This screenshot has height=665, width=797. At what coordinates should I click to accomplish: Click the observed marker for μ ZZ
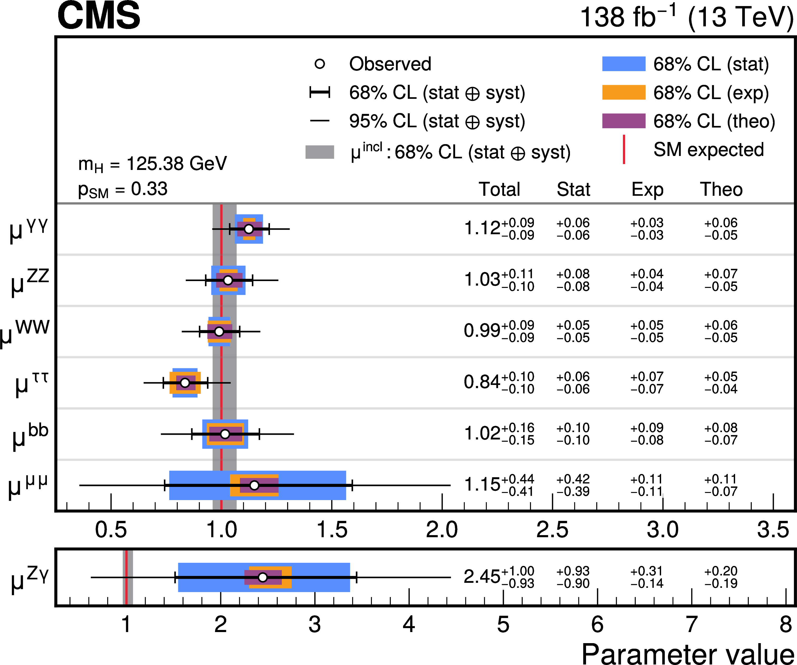(x=228, y=280)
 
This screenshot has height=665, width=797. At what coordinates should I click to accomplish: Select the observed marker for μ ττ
(x=185, y=383)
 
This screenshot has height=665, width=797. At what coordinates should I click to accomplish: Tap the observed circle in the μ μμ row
(x=254, y=485)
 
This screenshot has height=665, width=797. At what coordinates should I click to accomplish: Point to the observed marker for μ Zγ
(x=263, y=577)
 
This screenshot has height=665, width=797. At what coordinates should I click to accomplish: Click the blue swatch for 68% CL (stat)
(x=623, y=64)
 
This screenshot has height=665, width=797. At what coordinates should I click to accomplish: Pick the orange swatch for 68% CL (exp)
(x=623, y=92)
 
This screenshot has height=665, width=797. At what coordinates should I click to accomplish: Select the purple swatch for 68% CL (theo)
(x=623, y=121)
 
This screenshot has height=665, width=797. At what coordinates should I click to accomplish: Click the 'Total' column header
(x=499, y=189)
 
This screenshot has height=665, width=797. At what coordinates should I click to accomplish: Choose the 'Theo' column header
(x=721, y=189)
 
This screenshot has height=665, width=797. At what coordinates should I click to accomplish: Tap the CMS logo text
(x=99, y=16)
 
